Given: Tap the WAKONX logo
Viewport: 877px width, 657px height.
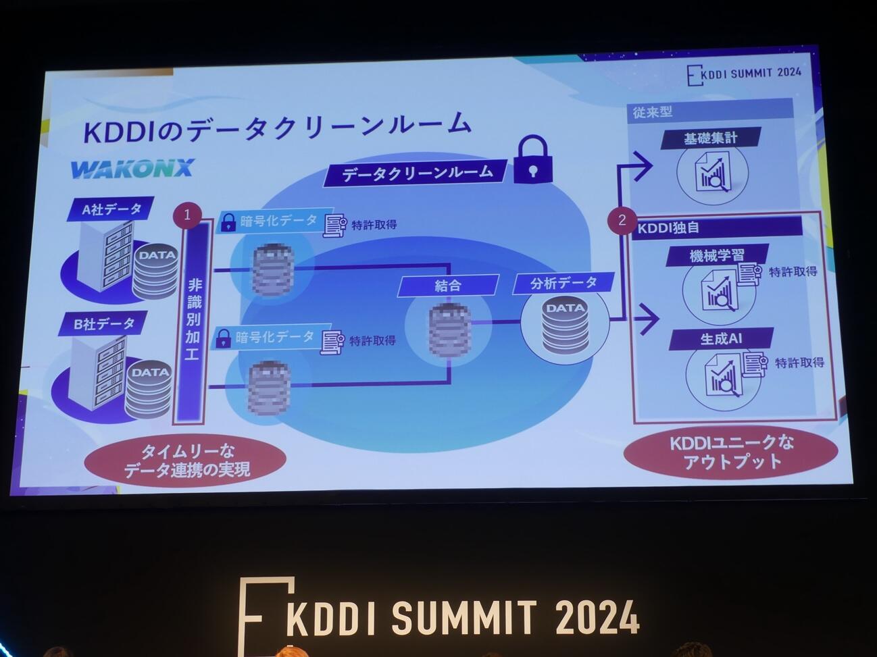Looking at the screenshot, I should tap(132, 168).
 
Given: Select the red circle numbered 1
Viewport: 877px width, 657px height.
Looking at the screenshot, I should tap(188, 215).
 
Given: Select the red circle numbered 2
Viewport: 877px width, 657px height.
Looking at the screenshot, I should tap(622, 219).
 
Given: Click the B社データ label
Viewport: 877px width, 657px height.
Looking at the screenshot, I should tap(105, 324).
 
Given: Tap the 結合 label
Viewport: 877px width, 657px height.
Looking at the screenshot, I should tap(448, 285).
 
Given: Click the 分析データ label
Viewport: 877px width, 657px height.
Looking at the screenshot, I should tap(563, 283).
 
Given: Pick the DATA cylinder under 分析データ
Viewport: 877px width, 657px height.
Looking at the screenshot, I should tap(565, 327).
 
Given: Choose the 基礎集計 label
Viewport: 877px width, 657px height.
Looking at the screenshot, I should tap(711, 138).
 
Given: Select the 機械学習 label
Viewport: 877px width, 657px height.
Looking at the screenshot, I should tap(716, 256).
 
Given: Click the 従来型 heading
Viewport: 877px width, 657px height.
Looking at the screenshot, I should tap(653, 111).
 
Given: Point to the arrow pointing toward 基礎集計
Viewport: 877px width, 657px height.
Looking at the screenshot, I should tap(638, 167).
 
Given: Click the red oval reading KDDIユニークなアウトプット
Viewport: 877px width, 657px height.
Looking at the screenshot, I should tap(732, 452).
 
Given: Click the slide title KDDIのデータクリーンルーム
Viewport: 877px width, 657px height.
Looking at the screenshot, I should tap(276, 126).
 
